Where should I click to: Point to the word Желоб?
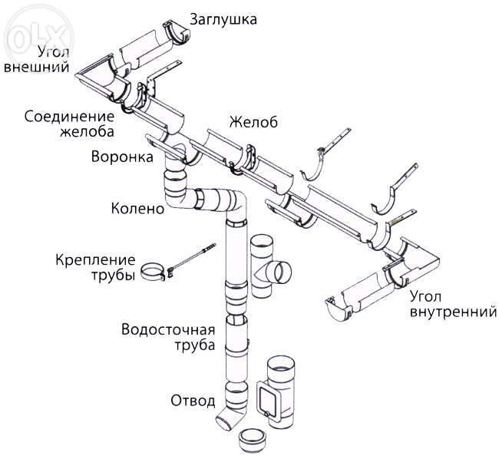[x=251, y=122]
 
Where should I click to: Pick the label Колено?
[x=138, y=207]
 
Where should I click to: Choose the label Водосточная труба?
[x=167, y=338]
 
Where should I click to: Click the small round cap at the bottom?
[x=254, y=441]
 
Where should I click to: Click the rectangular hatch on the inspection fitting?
[x=271, y=399]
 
